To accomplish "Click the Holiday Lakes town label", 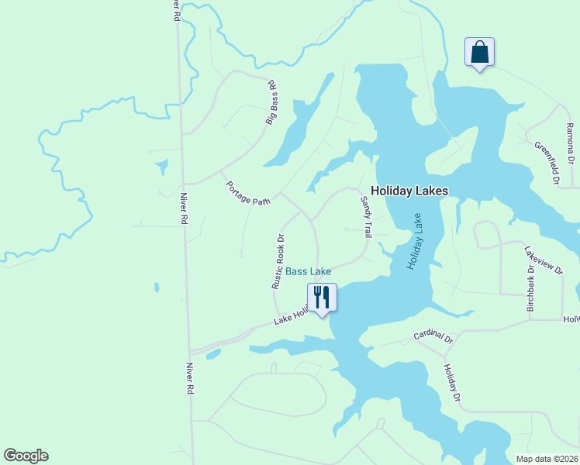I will pyautogui.click(x=409, y=190).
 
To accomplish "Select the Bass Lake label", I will pyautogui.click(x=308, y=271).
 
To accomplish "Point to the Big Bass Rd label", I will pyautogui.click(x=271, y=102).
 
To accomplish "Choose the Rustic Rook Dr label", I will pyautogui.click(x=279, y=262).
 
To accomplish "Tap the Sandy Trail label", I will pyautogui.click(x=366, y=216).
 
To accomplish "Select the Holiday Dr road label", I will pyautogui.click(x=452, y=383).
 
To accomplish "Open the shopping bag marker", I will pyautogui.click(x=479, y=53).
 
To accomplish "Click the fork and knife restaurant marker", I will pyautogui.click(x=322, y=298).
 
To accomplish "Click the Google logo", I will pyautogui.click(x=26, y=456).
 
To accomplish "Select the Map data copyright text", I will pyautogui.click(x=547, y=459).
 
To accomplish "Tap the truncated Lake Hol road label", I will pyautogui.click(x=291, y=316).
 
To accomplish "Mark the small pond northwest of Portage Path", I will pyautogui.click(x=161, y=166).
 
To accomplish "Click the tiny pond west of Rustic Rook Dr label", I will pyautogui.click(x=156, y=287).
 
